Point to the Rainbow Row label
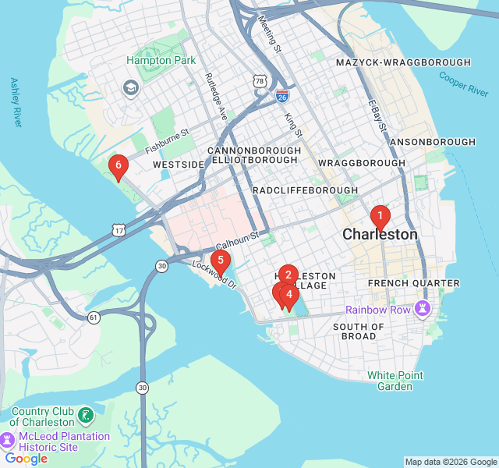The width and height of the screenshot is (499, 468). (378, 310)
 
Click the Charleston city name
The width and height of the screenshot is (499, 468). (380, 235)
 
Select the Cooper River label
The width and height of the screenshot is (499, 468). (463, 83)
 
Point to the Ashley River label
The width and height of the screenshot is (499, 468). (16, 101)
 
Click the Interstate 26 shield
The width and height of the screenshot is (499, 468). (282, 96)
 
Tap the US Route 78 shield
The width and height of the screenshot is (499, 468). (260, 80)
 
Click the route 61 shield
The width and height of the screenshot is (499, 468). (94, 317)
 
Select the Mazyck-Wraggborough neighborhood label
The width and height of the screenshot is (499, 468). (403, 62)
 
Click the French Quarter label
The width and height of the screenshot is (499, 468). (403, 283)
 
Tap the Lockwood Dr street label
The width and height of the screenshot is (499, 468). (214, 275)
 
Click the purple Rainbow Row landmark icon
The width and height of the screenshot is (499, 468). (423, 309)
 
